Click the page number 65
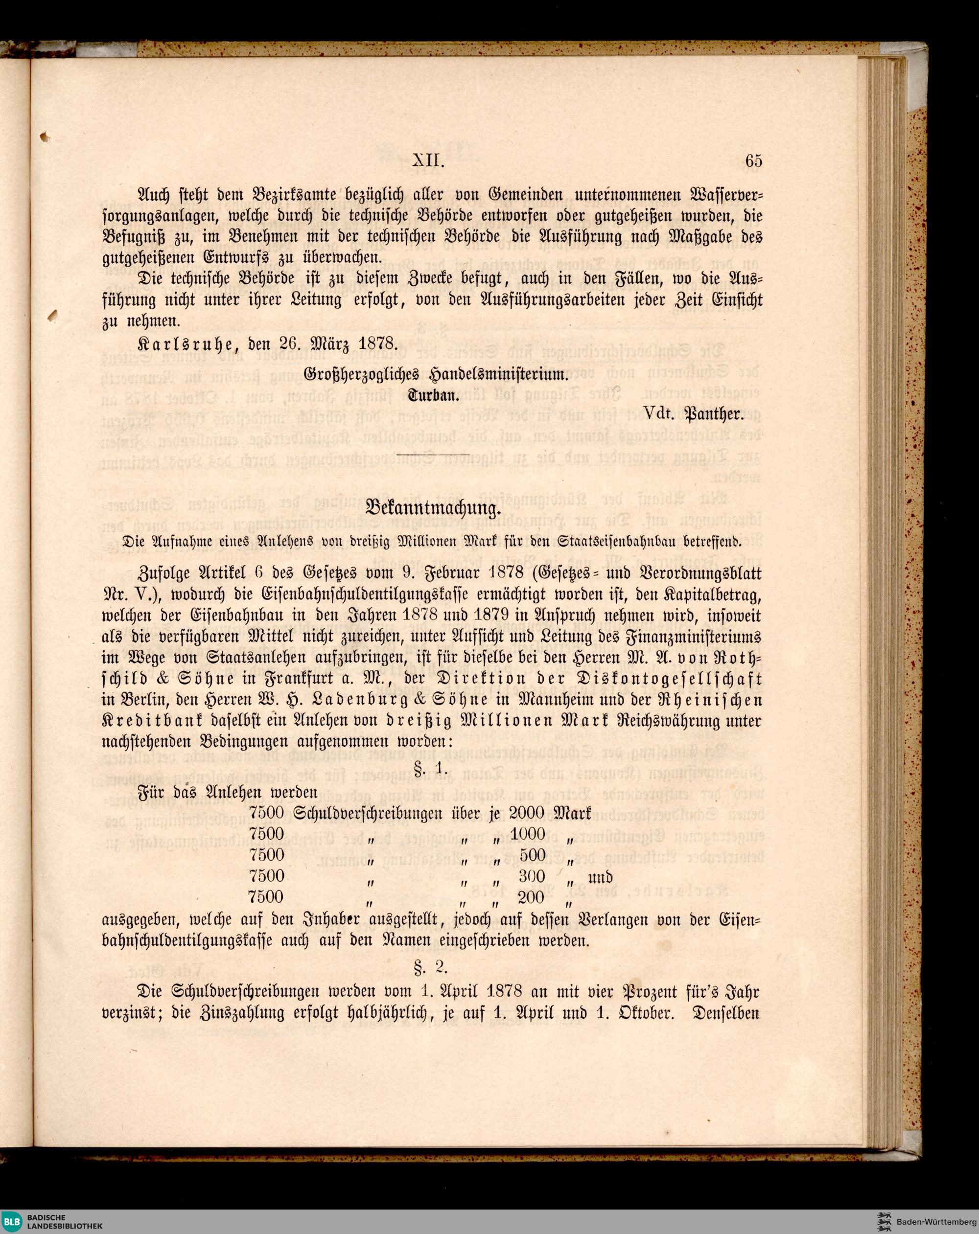[x=753, y=161]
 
